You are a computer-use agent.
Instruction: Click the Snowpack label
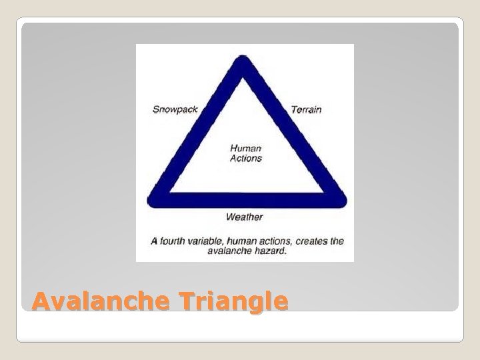click(x=175, y=109)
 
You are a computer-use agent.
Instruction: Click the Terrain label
click(x=306, y=109)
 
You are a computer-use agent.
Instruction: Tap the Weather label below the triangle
click(x=244, y=217)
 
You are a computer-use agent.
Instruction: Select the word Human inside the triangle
click(x=246, y=149)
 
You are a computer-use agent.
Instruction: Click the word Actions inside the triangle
click(x=246, y=159)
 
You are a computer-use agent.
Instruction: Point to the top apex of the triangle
click(x=245, y=61)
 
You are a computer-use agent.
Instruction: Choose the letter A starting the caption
click(x=154, y=241)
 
